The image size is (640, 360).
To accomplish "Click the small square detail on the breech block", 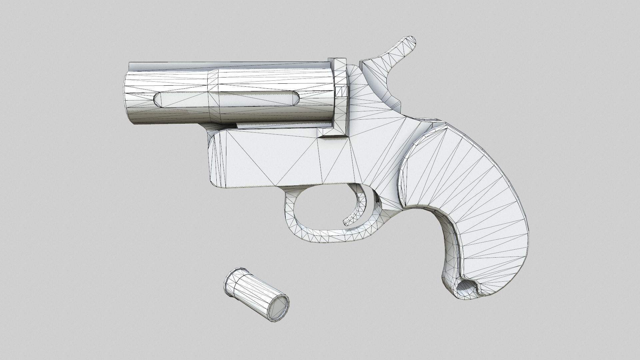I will tap(341, 91).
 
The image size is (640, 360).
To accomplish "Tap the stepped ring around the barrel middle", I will tap(213, 97).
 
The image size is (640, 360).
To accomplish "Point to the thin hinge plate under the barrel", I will tap(277, 125).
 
